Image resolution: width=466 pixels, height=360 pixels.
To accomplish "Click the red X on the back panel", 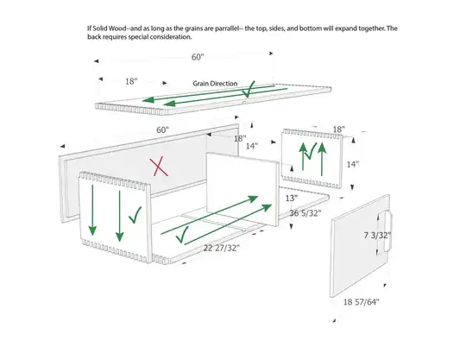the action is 159,167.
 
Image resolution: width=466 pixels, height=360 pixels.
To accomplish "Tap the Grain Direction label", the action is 215,84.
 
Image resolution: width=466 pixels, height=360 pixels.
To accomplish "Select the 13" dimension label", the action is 292,198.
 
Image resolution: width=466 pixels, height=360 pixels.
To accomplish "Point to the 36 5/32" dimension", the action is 305,213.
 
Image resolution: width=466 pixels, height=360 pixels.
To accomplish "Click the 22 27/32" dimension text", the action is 221,248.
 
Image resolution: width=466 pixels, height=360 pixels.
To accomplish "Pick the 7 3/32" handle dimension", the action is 377,236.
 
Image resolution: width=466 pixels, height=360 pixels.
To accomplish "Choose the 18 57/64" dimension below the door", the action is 362,302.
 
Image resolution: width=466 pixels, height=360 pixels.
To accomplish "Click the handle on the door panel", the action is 387,231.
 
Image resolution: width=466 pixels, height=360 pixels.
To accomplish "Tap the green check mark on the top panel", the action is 249,89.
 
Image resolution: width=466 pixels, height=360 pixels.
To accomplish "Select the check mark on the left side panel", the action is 135,215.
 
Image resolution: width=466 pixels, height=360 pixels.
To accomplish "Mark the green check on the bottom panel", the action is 182,234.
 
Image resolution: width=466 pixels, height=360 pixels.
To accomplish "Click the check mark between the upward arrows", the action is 311,152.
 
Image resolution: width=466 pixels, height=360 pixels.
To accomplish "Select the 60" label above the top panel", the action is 198,57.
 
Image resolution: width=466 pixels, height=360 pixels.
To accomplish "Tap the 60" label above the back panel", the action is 162,129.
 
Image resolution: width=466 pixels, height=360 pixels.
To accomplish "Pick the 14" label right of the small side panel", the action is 352,164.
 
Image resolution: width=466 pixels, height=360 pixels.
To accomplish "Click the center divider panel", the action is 242,189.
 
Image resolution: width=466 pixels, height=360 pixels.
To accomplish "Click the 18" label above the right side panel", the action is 339,129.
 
